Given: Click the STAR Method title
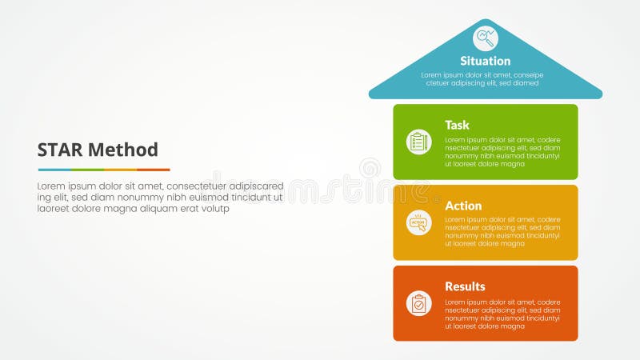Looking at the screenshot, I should pyautogui.click(x=98, y=150).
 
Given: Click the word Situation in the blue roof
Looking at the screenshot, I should pyautogui.click(x=485, y=61).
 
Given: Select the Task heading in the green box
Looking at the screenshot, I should pyautogui.click(x=457, y=125).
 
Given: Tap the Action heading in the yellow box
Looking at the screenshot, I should pyautogui.click(x=463, y=206).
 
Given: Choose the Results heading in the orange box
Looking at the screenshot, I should pyautogui.click(x=465, y=286).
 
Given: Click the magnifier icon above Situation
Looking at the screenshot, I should pyautogui.click(x=485, y=37).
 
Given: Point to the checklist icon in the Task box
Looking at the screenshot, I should pyautogui.click(x=418, y=142).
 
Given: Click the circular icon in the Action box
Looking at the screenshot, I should pyautogui.click(x=418, y=222).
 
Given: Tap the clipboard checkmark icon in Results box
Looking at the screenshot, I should pyautogui.click(x=418, y=303).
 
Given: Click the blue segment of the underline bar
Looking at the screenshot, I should pyautogui.click(x=54, y=170).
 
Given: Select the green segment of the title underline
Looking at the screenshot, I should pyautogui.click(x=87, y=170).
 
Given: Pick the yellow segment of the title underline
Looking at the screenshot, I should pyautogui.click(x=120, y=170).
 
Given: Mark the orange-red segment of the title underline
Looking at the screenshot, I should pyautogui.click(x=154, y=170).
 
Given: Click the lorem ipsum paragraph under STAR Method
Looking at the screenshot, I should pyautogui.click(x=160, y=197).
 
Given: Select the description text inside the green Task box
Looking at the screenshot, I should pyautogui.click(x=502, y=151).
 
